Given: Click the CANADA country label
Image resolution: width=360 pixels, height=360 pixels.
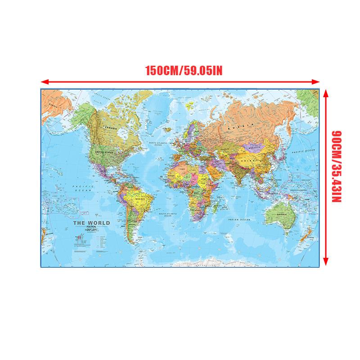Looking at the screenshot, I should click(110, 128).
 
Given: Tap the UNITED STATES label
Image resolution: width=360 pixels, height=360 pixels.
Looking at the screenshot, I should click(105, 152).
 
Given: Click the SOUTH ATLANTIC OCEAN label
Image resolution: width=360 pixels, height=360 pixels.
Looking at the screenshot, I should click(168, 215).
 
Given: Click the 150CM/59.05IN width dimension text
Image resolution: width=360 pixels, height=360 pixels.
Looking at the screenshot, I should click(184, 71).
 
